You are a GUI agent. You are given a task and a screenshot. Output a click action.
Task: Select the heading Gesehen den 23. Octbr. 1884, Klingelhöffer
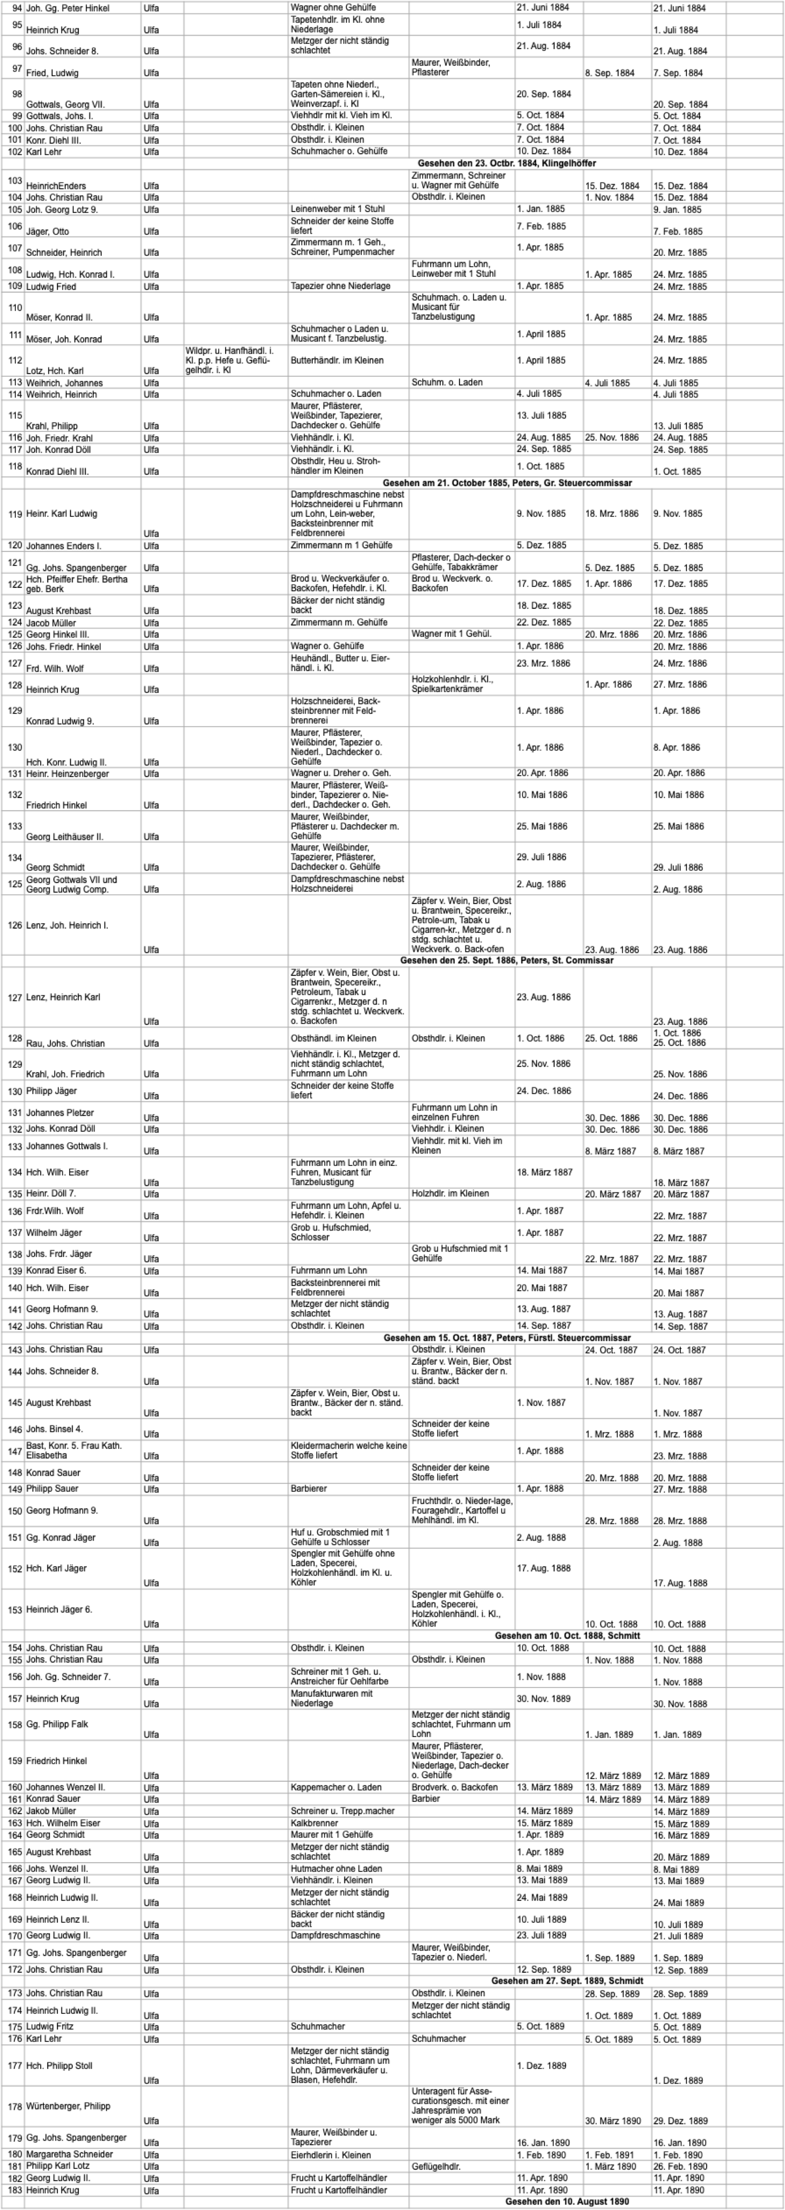tap(506, 163)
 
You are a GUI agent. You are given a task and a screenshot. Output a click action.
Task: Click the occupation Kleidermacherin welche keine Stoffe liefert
tap(348, 1450)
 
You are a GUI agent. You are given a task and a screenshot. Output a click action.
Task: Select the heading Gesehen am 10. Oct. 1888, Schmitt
tap(567, 1636)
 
